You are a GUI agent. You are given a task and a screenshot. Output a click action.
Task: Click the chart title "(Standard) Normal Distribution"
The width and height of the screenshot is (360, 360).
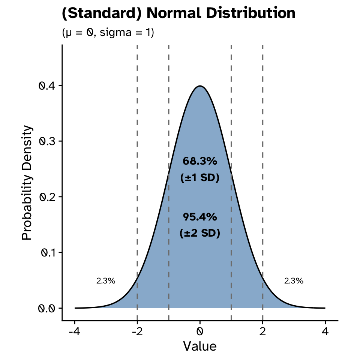point(178,14)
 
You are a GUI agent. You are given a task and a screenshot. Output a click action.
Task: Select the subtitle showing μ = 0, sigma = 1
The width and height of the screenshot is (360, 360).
point(108,33)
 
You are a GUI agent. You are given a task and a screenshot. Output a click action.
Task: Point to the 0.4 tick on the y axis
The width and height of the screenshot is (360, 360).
point(48,86)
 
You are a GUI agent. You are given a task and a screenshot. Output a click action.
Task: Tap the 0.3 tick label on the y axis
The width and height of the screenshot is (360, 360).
point(48,141)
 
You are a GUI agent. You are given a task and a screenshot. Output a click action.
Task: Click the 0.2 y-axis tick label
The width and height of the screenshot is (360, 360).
point(48,197)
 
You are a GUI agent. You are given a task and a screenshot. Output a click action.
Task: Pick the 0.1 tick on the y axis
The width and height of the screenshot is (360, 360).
point(48,252)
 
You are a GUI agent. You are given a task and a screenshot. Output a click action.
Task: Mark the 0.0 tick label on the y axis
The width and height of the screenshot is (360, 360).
point(48,308)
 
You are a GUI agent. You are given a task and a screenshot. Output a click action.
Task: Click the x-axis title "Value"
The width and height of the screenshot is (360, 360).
point(200,346)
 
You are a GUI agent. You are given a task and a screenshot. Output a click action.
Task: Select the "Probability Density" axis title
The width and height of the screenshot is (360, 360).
point(27,183)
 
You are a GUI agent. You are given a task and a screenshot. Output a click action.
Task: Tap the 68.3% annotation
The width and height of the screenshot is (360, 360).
point(200,161)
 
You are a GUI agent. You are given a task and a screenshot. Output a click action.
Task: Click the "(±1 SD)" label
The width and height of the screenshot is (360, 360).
point(200,178)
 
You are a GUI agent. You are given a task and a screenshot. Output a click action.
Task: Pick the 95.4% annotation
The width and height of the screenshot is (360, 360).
point(200,217)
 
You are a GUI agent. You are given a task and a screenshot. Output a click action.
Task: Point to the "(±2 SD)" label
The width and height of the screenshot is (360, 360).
point(200,233)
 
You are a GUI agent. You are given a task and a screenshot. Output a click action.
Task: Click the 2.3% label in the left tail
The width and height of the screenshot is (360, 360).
point(106,281)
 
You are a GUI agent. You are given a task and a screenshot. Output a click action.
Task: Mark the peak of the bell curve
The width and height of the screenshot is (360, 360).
point(200,86)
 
